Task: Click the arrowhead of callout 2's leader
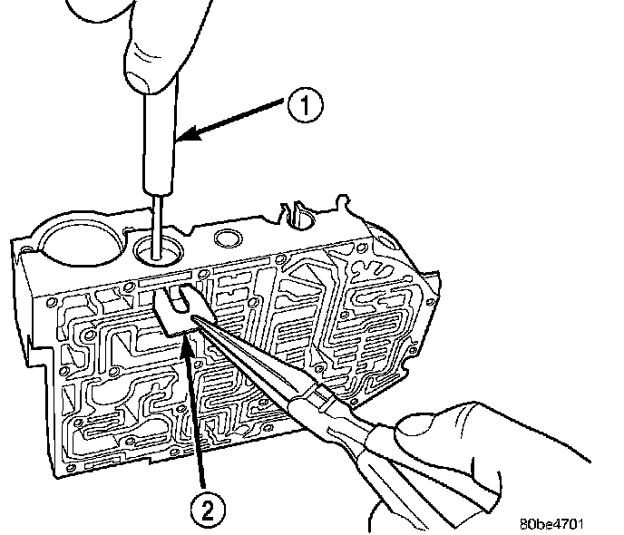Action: point(188,336)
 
